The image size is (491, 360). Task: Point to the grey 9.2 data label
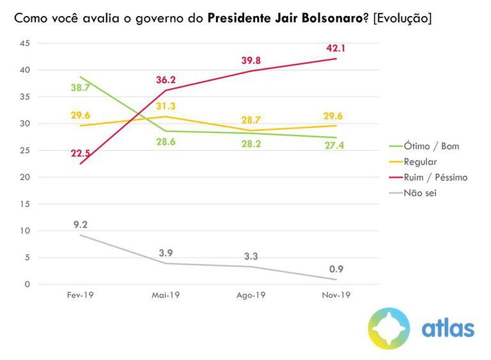[x=81, y=224]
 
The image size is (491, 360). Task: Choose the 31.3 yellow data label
[x=166, y=106]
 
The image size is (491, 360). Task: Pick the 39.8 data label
[x=251, y=60]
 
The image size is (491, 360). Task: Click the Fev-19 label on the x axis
[x=81, y=295]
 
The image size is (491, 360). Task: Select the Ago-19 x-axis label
[x=251, y=295]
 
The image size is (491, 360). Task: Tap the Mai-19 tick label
[x=166, y=295]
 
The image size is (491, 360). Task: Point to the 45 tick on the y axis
[x=25, y=43]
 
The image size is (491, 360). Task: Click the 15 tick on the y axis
[x=25, y=204]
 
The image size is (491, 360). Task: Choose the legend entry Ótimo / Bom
[x=430, y=146]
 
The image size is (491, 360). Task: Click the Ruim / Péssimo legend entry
[x=436, y=177]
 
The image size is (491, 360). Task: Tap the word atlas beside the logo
[x=448, y=329]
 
